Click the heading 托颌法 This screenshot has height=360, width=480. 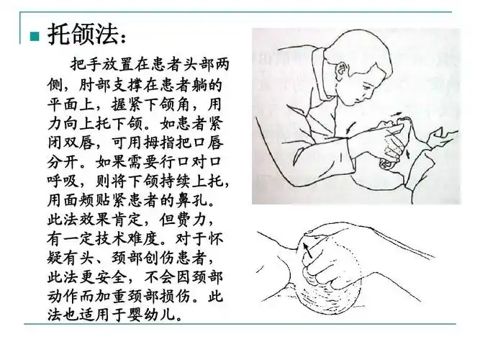(x=83, y=33)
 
